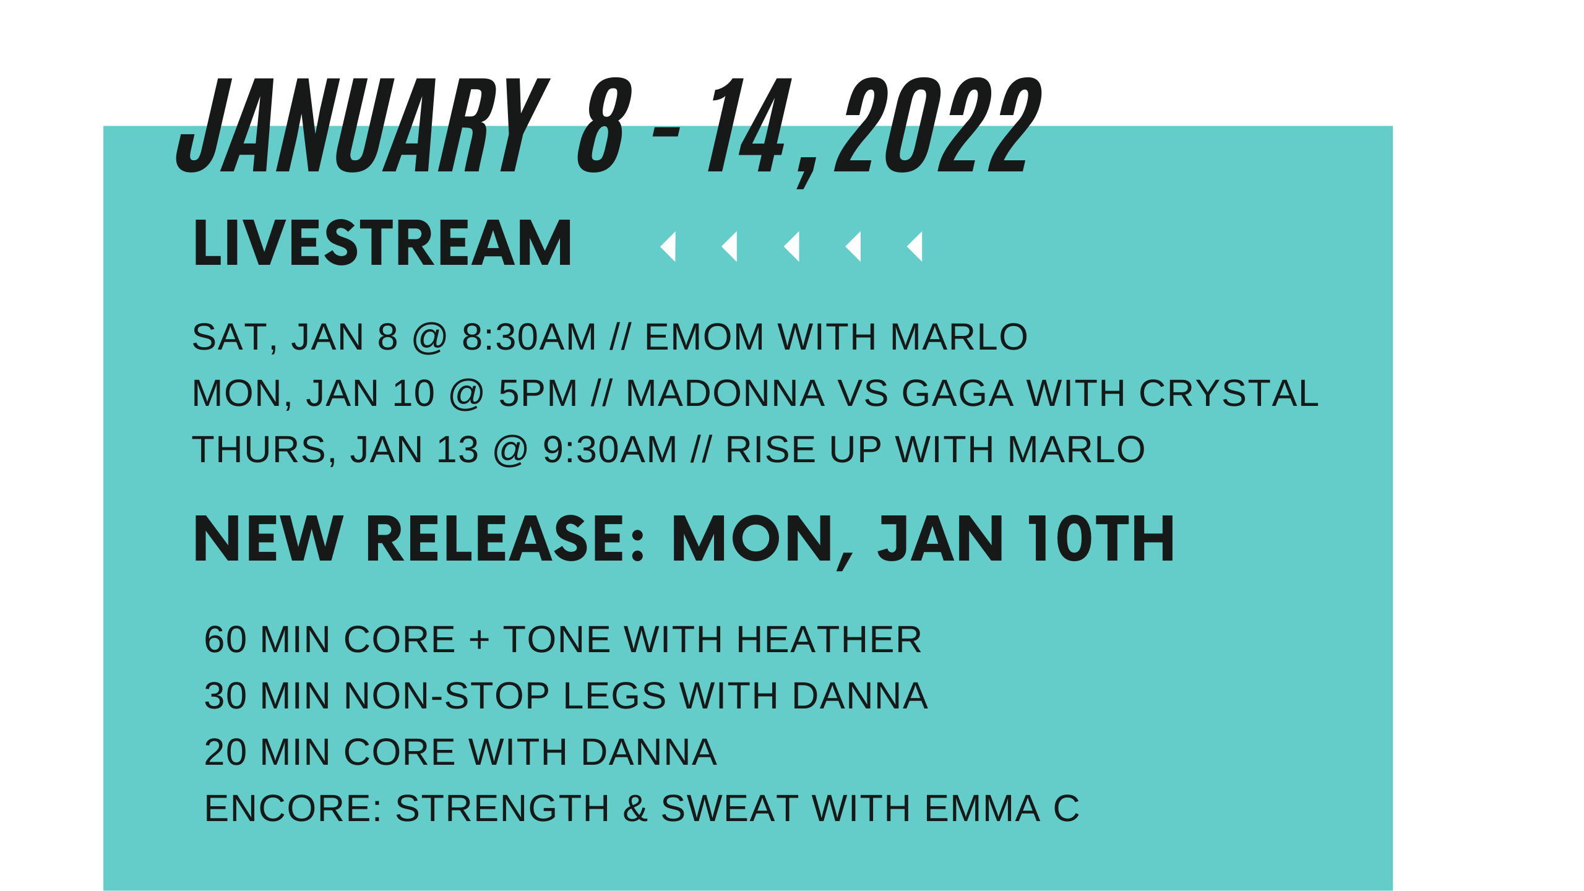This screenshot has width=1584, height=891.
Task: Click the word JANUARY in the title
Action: [362, 127]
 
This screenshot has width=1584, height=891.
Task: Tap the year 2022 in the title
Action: [937, 127]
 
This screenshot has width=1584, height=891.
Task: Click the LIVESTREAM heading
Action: [382, 244]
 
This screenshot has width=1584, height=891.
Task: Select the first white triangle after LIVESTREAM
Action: [669, 246]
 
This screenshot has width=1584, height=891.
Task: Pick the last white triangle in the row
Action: [916, 246]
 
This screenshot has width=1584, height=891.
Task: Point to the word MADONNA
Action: [725, 394]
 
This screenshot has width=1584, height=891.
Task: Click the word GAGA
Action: [957, 394]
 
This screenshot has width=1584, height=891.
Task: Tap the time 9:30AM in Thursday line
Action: [610, 450]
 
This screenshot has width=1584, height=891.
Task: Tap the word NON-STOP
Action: [447, 696]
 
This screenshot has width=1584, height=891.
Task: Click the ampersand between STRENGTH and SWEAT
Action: [635, 809]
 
